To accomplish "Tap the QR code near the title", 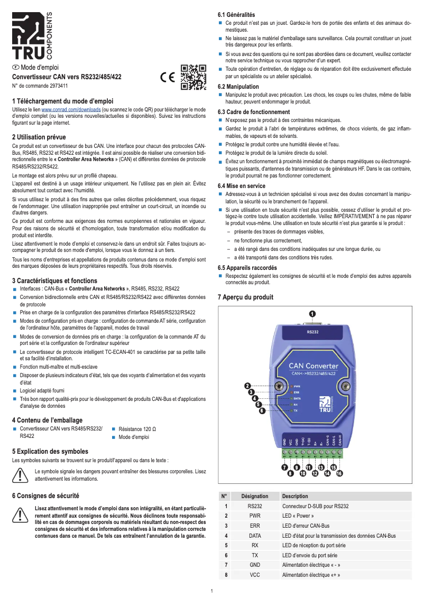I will pyautogui.click(x=193, y=77).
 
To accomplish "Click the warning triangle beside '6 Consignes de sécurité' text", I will pyautogui.click(x=21, y=514).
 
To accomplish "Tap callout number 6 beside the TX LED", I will pyautogui.click(x=262, y=410).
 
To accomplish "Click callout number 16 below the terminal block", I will pyautogui.click(x=339, y=473).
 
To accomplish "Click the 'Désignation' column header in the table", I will pyautogui.click(x=254, y=497).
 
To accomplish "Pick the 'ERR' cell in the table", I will pyautogui.click(x=254, y=526).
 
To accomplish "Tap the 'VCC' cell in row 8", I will pyautogui.click(x=254, y=575).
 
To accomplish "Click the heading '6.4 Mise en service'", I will pyautogui.click(x=242, y=186).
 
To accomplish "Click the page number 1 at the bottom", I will pyautogui.click(x=211, y=591).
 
